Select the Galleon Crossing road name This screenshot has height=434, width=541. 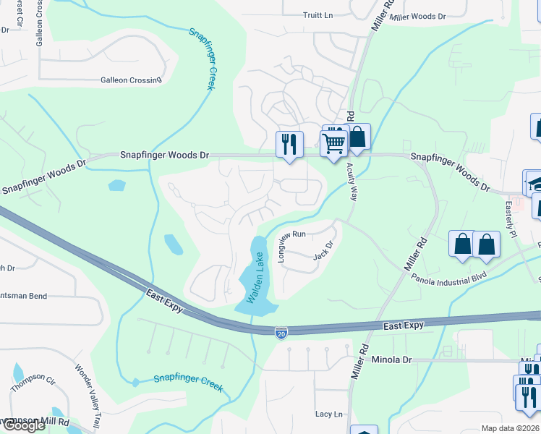coord(131,80)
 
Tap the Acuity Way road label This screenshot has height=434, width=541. coord(353,182)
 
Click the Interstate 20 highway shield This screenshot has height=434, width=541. coord(281,332)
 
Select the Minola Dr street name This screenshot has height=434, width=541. coord(391,359)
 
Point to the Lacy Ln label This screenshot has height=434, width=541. coord(328,414)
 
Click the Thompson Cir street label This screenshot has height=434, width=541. coord(33,382)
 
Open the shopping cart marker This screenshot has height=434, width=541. coord(333,142)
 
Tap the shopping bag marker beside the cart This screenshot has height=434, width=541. coord(357,137)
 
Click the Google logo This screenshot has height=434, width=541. coord(24,425)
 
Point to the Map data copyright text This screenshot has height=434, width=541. coord(510,428)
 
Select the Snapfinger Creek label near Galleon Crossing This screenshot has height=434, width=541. coord(203,59)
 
